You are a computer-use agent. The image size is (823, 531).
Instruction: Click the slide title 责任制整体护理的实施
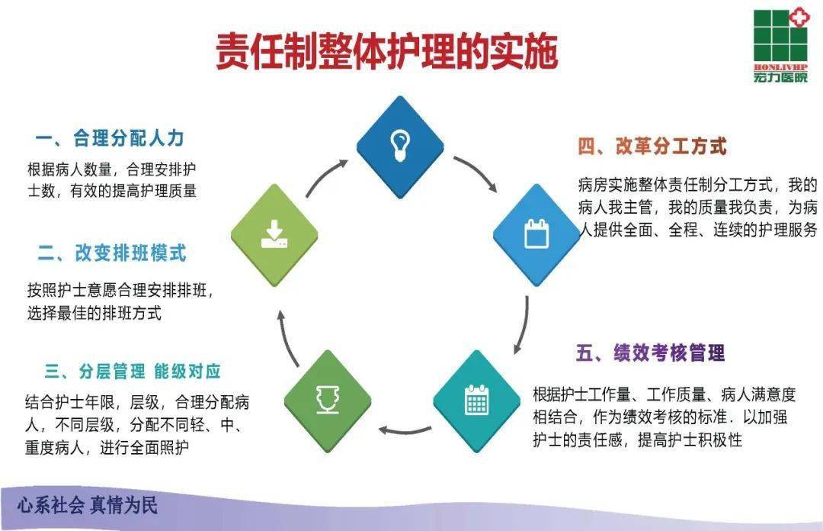386,51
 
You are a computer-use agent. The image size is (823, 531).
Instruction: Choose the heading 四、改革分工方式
652,146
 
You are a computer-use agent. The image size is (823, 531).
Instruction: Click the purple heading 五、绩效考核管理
650,352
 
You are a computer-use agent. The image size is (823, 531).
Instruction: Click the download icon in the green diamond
274,233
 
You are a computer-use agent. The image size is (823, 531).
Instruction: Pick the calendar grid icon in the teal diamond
476,400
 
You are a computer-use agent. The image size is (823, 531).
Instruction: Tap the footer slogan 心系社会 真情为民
88,505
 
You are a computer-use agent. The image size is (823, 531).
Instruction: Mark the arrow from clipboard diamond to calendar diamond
522,324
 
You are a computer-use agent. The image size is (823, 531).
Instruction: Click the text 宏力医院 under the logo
779,77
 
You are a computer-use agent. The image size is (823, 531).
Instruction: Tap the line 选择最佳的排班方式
94,313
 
